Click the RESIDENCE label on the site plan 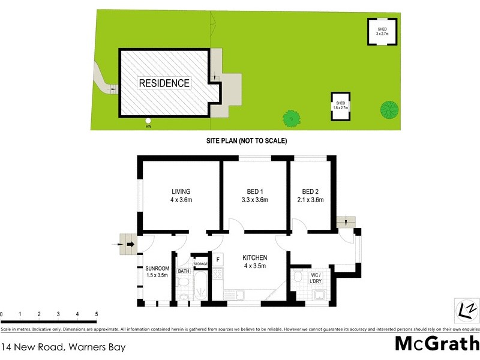tap(164, 83)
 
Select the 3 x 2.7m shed tap(382, 32)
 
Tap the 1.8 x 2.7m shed tap(341, 106)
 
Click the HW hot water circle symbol tap(148, 121)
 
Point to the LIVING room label tap(181, 196)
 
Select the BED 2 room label tap(310, 196)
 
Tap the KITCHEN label tap(254, 262)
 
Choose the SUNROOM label tap(157, 272)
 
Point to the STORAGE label tap(200, 263)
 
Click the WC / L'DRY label tap(318, 278)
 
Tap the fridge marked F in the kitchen tap(218, 259)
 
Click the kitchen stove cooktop tap(218, 275)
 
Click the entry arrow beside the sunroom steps tap(116, 244)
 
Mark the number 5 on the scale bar tap(96, 314)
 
